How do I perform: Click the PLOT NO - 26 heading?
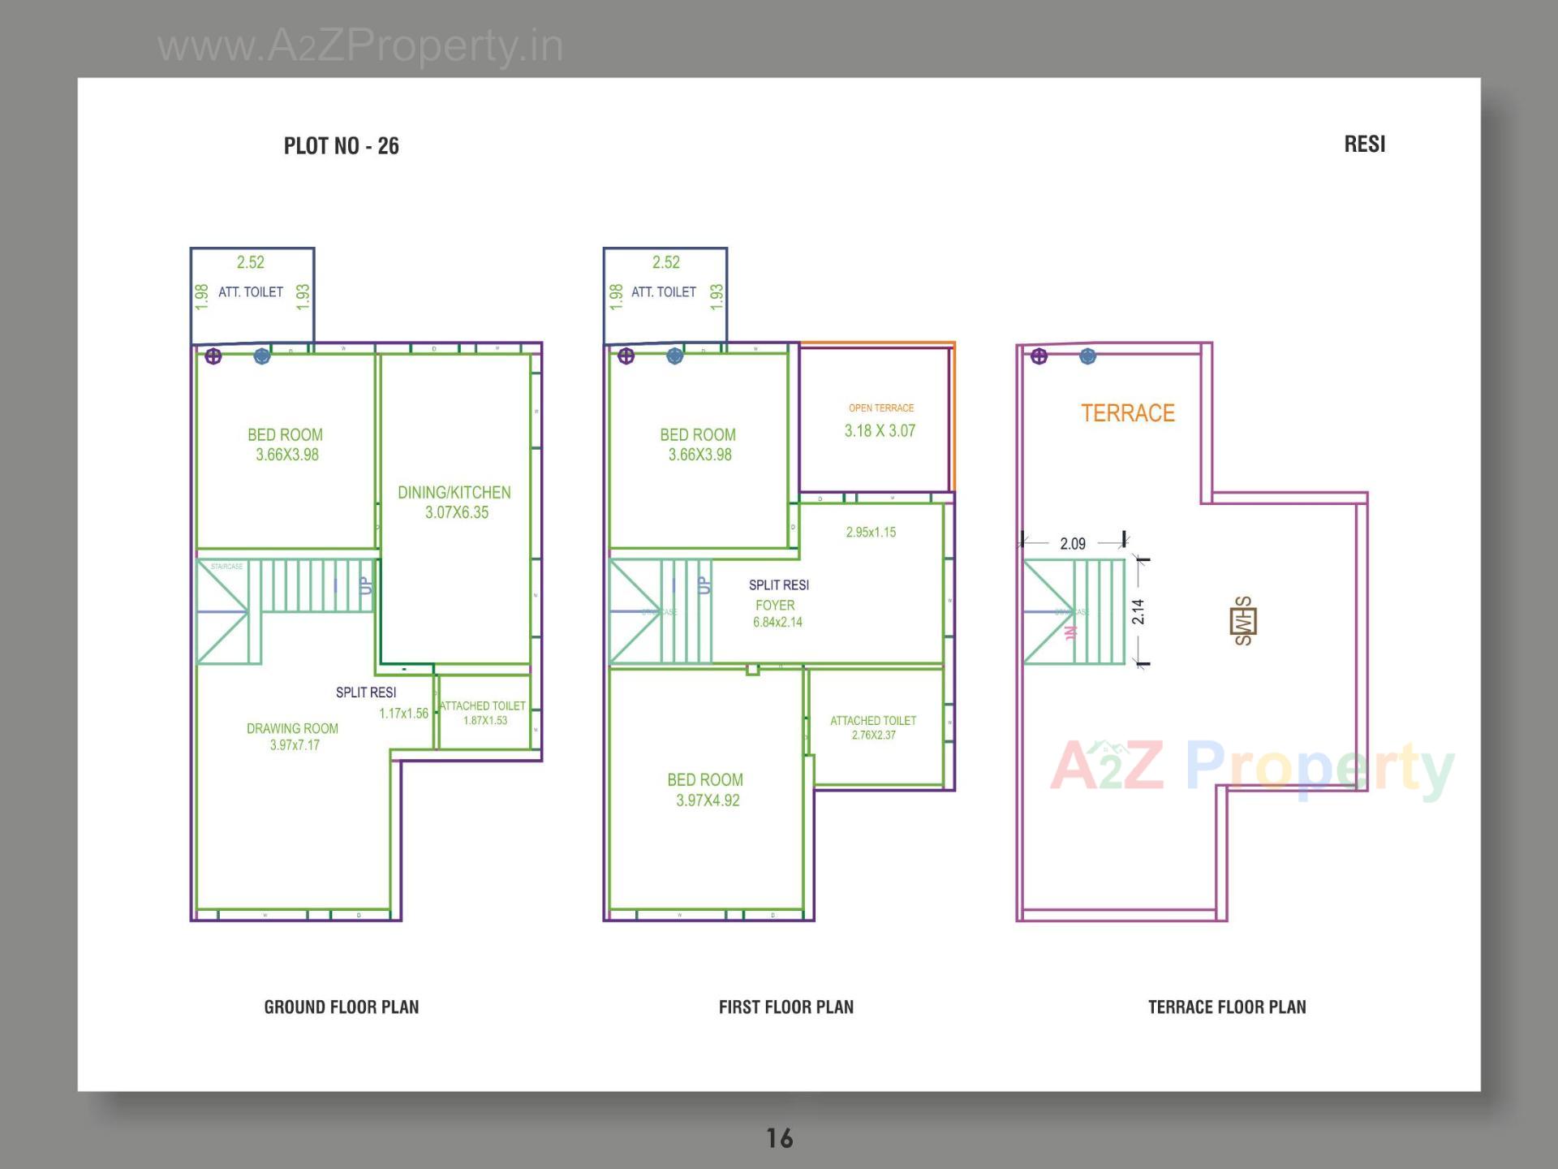pyautogui.click(x=341, y=146)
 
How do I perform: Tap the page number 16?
pyautogui.click(x=779, y=1138)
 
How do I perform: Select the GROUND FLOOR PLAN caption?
pyautogui.click(x=341, y=1007)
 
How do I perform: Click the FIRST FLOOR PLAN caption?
pyautogui.click(x=785, y=1007)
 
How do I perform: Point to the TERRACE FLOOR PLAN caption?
pyautogui.click(x=1226, y=1007)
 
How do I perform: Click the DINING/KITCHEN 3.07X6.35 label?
pyautogui.click(x=454, y=503)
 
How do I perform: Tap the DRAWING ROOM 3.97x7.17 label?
pyautogui.click(x=293, y=736)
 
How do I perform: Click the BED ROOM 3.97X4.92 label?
pyautogui.click(x=705, y=790)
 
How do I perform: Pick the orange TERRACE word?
pyautogui.click(x=1127, y=413)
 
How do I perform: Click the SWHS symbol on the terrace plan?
pyautogui.click(x=1243, y=621)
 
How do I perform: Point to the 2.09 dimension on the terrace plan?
pyautogui.click(x=1072, y=544)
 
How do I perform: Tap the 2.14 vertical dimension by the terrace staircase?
pyautogui.click(x=1138, y=611)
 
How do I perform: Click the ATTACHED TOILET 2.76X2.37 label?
pyautogui.click(x=873, y=727)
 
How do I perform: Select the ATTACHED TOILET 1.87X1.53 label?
pyautogui.click(x=483, y=713)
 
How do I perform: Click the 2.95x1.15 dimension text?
pyautogui.click(x=871, y=533)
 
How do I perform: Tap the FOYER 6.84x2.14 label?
pyautogui.click(x=777, y=614)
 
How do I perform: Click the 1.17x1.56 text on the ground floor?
pyautogui.click(x=403, y=714)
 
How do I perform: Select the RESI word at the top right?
pyautogui.click(x=1364, y=145)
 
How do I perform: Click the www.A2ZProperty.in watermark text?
pyautogui.click(x=360, y=45)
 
